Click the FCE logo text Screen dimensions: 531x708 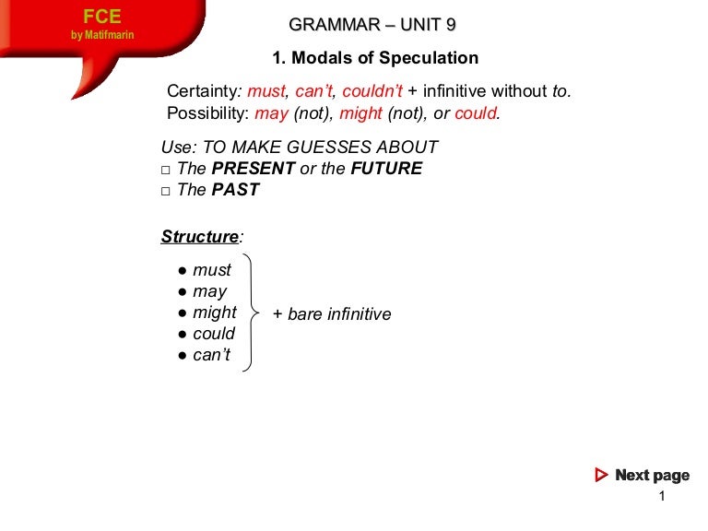pos(101,18)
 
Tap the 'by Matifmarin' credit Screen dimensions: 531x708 pos(102,36)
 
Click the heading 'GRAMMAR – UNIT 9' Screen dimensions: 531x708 pos(372,25)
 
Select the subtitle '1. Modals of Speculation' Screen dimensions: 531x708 pos(375,58)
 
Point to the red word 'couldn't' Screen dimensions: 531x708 pos(372,91)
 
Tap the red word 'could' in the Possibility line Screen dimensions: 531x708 pos(476,113)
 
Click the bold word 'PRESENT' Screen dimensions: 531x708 pos(254,169)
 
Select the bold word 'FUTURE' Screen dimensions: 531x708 pos(386,169)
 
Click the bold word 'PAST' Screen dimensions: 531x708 pos(236,190)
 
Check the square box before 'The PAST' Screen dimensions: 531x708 pos(166,191)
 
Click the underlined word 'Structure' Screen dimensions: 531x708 pos(199,237)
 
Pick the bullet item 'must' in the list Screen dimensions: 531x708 pos(212,270)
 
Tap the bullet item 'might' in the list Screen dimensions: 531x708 pos(215,313)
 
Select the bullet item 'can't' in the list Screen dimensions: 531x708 pos(212,355)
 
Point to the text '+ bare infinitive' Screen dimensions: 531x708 pos(332,314)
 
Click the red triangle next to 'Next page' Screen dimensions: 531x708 pos(601,476)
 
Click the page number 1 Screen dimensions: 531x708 pos(662,498)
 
